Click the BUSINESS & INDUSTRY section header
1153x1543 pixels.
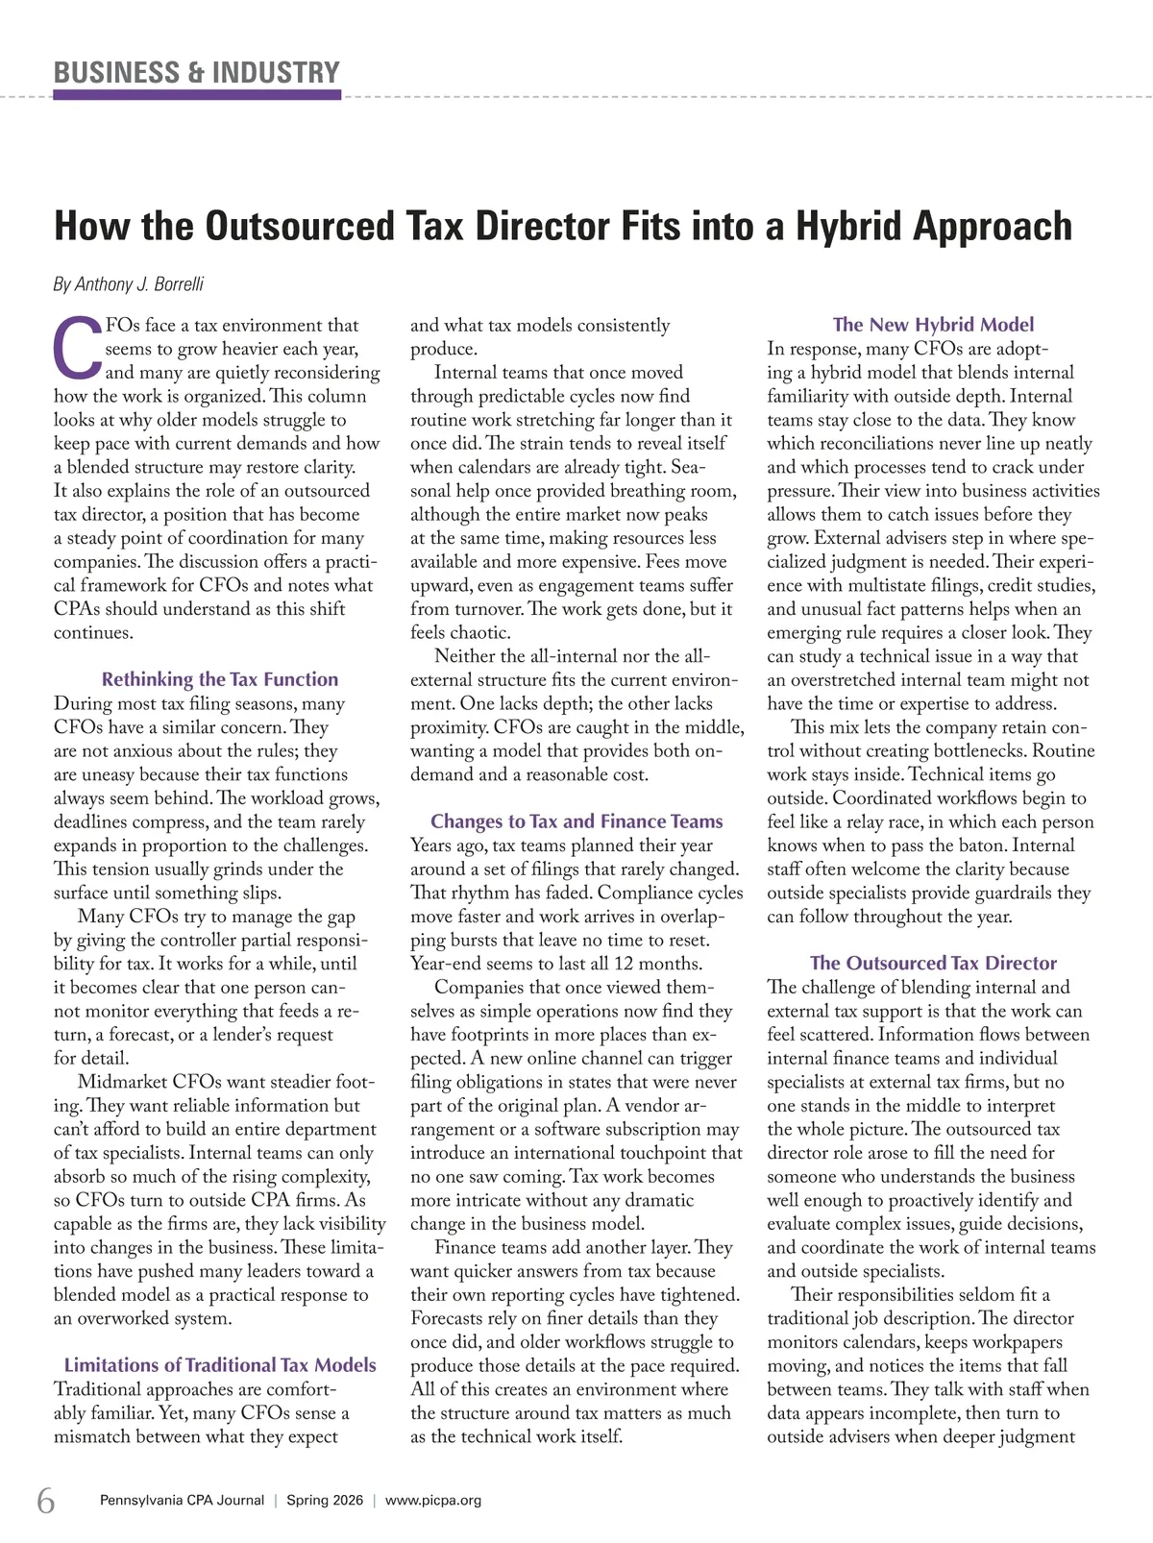197,72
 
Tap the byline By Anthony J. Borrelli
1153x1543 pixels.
128,284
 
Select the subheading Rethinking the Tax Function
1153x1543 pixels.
220,679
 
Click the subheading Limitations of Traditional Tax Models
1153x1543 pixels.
220,1365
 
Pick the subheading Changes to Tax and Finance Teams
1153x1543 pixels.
576,821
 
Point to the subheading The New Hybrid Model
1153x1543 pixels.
933,325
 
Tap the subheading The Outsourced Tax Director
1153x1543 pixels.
933,963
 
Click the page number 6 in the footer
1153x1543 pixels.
46,1500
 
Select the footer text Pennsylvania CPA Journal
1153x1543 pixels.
182,1501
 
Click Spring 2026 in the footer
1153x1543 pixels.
325,1501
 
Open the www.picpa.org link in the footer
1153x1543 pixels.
433,1501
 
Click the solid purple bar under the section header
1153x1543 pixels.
197,95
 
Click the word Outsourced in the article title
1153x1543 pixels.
300,227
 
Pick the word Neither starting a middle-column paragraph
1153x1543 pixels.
466,656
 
